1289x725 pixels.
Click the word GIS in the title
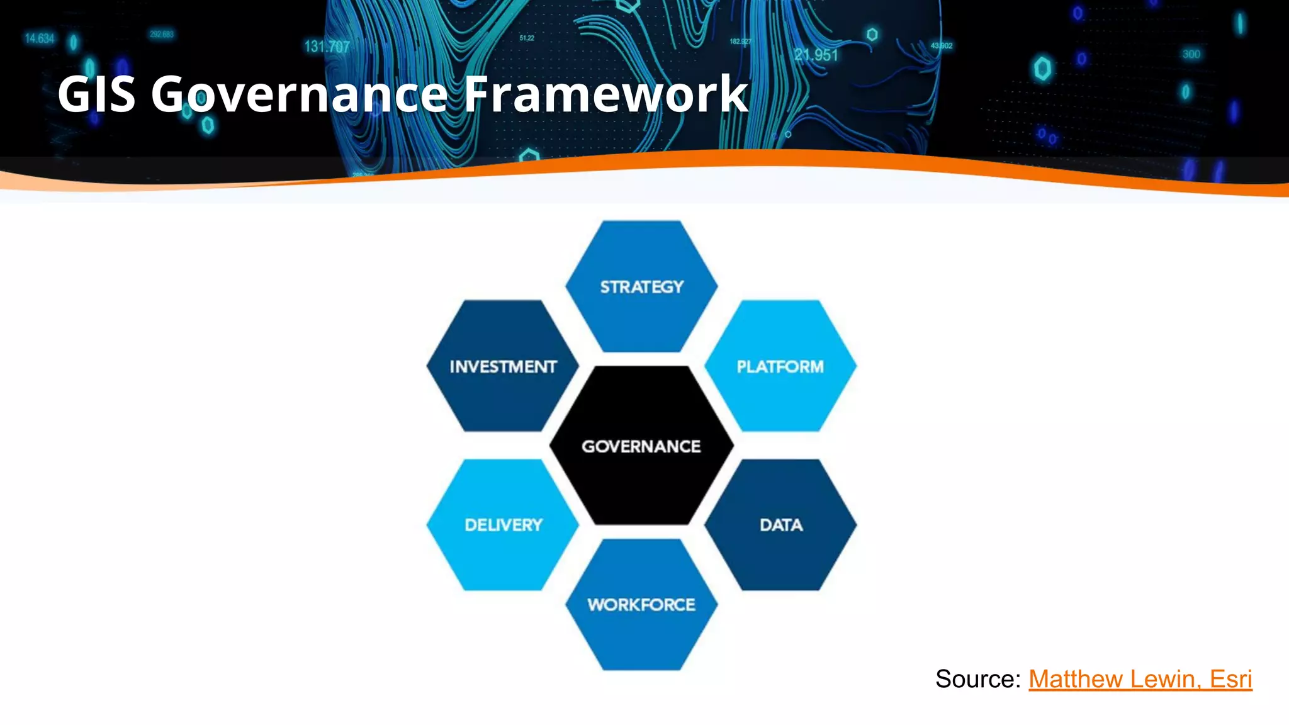(x=96, y=94)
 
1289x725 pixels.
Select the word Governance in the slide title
(x=298, y=94)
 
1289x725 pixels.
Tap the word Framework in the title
(x=605, y=94)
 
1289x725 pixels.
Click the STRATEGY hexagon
(x=641, y=287)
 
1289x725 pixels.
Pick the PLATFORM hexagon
(x=780, y=366)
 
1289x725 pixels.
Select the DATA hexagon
(x=780, y=525)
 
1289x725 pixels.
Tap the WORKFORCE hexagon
(x=641, y=605)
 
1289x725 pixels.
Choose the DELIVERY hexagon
(x=503, y=525)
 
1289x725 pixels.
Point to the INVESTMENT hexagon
(x=503, y=366)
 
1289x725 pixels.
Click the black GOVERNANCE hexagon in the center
(x=641, y=446)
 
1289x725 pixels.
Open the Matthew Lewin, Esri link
(x=1140, y=679)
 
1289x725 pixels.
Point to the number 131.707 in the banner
(x=327, y=47)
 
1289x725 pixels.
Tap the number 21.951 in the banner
(x=816, y=55)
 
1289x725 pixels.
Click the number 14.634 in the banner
(x=39, y=38)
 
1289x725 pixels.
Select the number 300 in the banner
(x=1191, y=54)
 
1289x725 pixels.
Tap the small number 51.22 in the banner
(x=527, y=38)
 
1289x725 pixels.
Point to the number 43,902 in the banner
(x=942, y=46)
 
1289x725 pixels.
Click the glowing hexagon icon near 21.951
(x=872, y=34)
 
